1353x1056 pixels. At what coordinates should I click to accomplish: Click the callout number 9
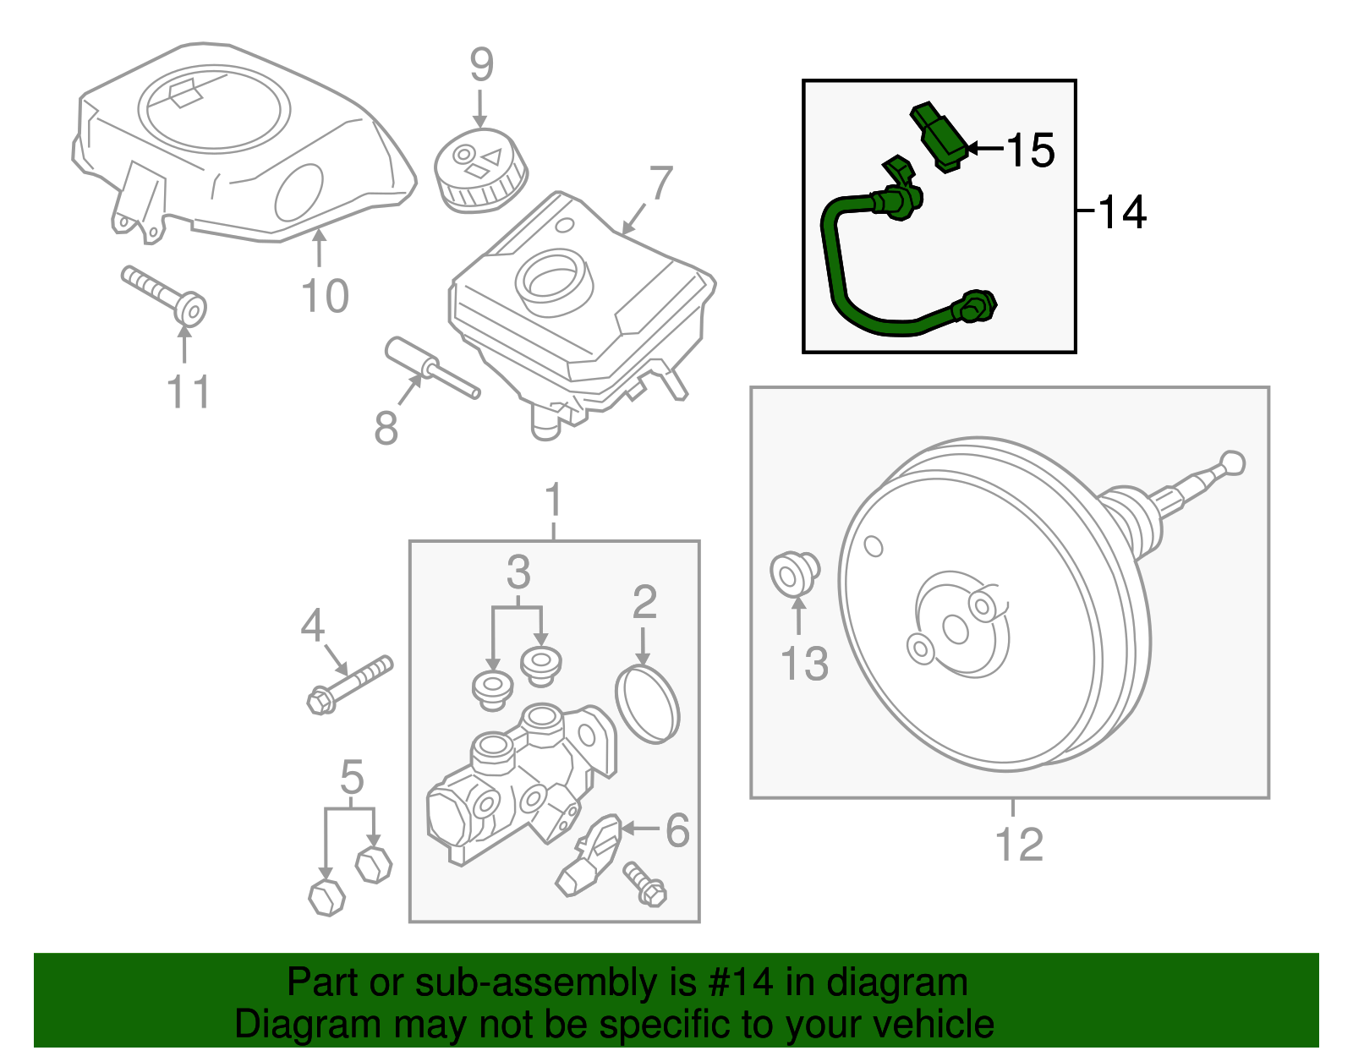[x=481, y=65]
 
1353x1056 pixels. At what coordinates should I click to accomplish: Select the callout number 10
[x=326, y=297]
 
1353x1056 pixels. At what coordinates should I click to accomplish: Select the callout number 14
[x=1122, y=212]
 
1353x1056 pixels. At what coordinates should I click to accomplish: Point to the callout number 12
[x=1019, y=845]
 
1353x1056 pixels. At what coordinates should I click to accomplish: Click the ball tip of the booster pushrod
[x=1234, y=462]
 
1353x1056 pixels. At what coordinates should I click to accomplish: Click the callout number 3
[x=518, y=573]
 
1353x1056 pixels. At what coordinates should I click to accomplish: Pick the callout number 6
[x=677, y=831]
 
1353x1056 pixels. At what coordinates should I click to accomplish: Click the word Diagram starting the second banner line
[x=295, y=1025]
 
